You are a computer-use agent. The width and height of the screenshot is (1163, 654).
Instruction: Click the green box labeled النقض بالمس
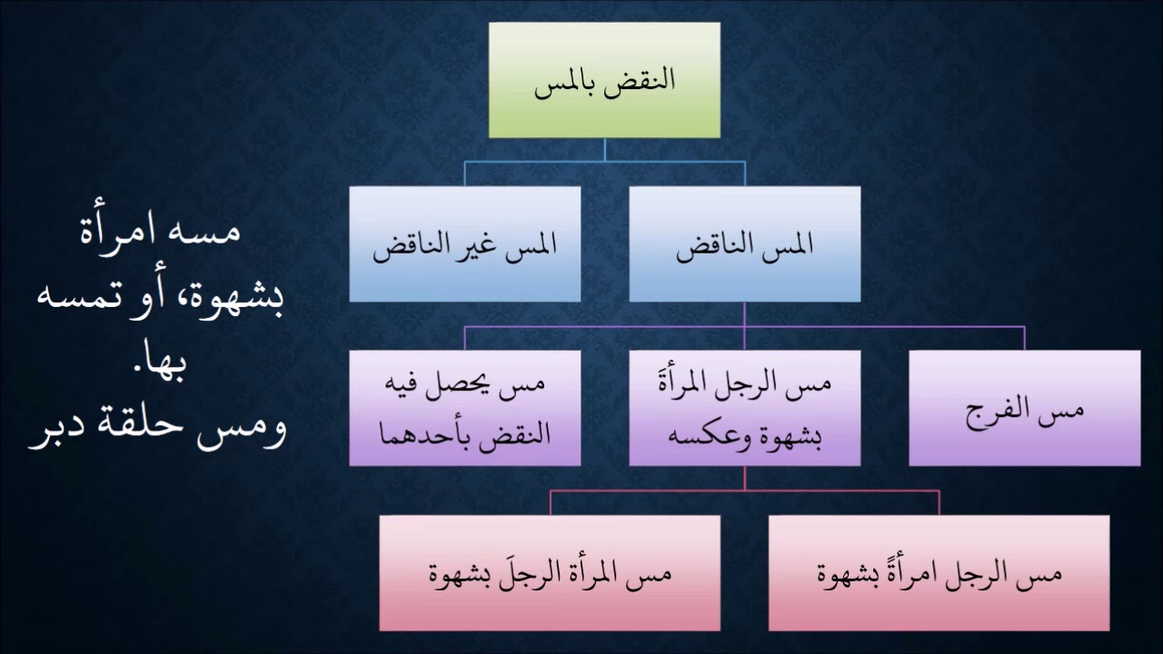pos(604,80)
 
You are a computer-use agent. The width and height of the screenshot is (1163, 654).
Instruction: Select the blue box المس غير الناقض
pos(464,243)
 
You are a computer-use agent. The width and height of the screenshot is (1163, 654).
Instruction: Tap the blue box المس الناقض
pos(744,243)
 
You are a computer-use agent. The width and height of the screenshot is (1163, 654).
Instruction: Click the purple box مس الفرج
pos(1025,408)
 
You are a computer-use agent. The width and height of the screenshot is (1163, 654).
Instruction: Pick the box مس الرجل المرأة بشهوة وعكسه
pos(744,408)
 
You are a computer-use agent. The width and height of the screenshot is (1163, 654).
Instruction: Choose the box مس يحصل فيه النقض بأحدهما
pos(464,408)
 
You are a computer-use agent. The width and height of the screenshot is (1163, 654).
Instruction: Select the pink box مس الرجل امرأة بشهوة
pos(939,573)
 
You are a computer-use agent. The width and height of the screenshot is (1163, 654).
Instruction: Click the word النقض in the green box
pos(648,78)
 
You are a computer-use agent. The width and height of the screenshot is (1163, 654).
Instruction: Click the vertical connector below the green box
pos(604,150)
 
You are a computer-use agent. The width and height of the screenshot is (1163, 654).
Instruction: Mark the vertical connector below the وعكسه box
pos(744,478)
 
